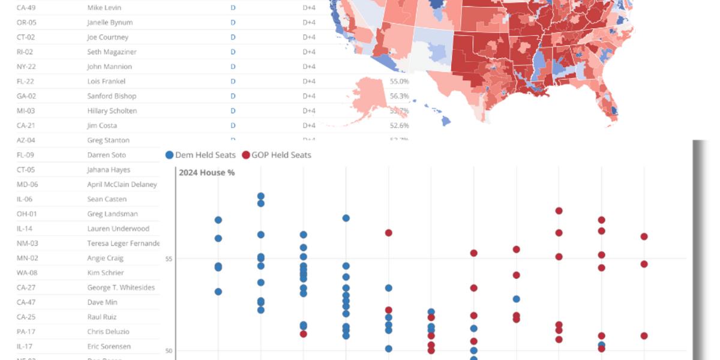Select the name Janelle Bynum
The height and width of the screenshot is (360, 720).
click(110, 22)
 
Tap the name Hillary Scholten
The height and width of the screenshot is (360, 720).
click(112, 111)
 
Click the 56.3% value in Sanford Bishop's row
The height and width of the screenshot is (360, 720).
click(399, 96)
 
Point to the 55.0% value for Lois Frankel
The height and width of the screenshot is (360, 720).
click(399, 81)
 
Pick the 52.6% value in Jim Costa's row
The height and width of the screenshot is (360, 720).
click(399, 125)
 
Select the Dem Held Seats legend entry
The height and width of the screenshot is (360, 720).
click(200, 155)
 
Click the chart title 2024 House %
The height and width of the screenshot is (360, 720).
click(206, 173)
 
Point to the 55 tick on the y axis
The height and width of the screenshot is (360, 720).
click(169, 259)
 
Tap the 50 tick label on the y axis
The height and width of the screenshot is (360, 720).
click(169, 351)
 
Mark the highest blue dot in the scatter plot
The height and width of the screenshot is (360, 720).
click(261, 196)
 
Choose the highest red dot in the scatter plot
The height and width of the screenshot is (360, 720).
click(559, 211)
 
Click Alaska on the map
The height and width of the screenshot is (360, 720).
click(375, 99)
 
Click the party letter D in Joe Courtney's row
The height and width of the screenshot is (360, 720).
click(233, 37)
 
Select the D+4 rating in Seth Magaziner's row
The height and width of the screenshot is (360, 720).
click(309, 52)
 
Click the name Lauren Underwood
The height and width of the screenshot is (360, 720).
click(118, 229)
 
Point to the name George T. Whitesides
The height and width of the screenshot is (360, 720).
click(121, 287)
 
